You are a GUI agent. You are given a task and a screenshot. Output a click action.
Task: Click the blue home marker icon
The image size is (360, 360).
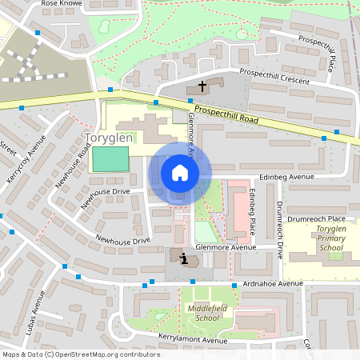(180, 173)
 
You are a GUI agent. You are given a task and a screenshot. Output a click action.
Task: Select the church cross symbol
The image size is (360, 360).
(202, 85)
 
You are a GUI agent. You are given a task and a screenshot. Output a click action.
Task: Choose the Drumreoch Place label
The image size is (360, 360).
(318, 218)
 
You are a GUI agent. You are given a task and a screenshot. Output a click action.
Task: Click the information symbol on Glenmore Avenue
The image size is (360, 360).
(186, 259)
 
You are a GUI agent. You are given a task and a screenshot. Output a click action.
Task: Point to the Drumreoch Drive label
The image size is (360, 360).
(280, 228)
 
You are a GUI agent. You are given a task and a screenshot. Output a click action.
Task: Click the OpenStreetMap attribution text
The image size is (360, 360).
(81, 354)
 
